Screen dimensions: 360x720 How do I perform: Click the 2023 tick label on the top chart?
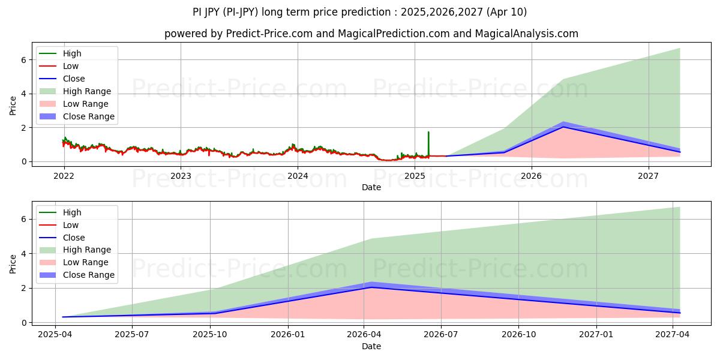[181, 176]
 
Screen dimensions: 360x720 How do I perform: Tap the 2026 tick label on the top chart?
[531, 176]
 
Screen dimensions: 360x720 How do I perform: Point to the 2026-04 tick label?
[364, 335]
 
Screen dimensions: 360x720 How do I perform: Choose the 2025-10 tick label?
[210, 335]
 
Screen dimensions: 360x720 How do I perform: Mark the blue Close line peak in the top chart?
[563, 127]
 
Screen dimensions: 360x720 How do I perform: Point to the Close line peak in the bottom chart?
[371, 287]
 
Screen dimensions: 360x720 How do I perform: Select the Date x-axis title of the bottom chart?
[371, 346]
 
